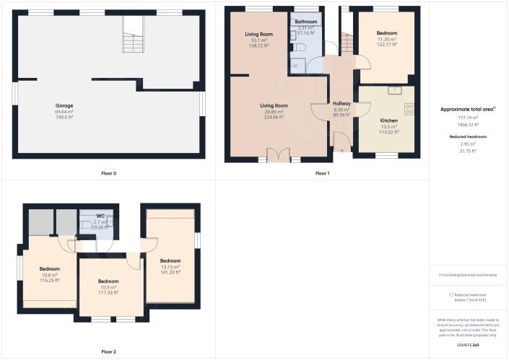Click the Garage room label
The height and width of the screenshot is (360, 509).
tap(64, 106)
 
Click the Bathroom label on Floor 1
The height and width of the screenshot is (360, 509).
tap(306, 22)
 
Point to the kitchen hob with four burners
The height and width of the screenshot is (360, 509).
tap(409, 109)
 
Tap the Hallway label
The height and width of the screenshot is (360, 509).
tap(341, 104)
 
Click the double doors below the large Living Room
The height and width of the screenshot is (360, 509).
tap(278, 155)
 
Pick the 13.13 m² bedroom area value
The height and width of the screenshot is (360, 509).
tap(170, 266)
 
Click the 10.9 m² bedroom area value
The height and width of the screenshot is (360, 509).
tap(108, 287)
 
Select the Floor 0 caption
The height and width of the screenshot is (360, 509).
tap(109, 173)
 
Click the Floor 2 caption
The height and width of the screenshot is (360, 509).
tap(109, 352)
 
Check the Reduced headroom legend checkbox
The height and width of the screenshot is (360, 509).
tap(451, 294)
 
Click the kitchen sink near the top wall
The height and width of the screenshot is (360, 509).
tap(395, 90)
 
